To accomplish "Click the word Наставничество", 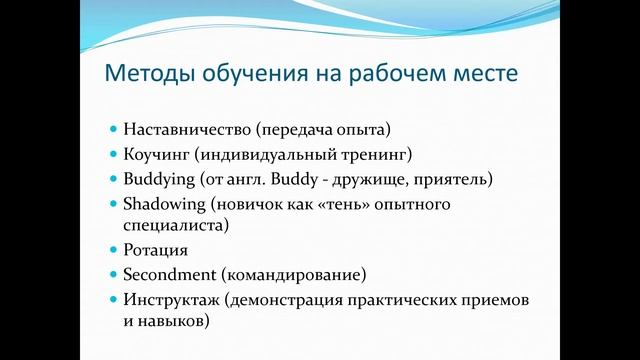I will click(x=187, y=130).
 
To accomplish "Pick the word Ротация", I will click(x=156, y=250).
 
